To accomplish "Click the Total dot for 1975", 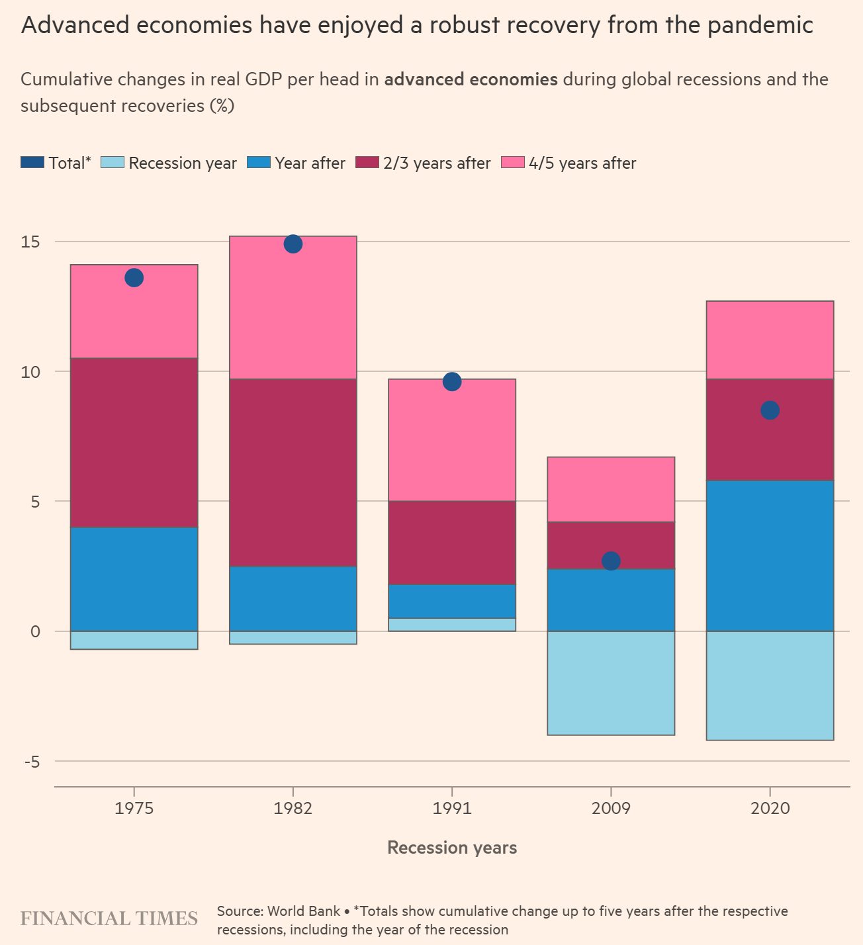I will [x=134, y=278].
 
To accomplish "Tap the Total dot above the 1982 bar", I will [x=293, y=244].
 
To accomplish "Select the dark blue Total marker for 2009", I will [x=611, y=561].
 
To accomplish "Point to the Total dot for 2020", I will [x=770, y=410].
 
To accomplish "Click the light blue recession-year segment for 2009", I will [x=611, y=683].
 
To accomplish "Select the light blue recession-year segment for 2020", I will [x=770, y=686].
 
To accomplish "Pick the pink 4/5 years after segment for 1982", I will [x=293, y=308].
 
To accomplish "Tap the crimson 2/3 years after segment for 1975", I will [x=134, y=442].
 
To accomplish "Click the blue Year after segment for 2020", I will [x=770, y=556].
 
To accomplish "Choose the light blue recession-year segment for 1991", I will [x=452, y=625].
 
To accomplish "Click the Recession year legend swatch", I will [x=113, y=163].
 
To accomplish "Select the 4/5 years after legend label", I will [x=582, y=163].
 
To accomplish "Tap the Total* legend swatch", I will [x=32, y=163].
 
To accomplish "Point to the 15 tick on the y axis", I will [x=30, y=242].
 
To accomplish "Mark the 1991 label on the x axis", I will [x=452, y=808].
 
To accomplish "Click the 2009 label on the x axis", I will [x=611, y=808].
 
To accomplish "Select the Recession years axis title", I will [x=452, y=848].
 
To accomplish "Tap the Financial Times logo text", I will [x=109, y=919].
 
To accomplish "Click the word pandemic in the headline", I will [x=760, y=26].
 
